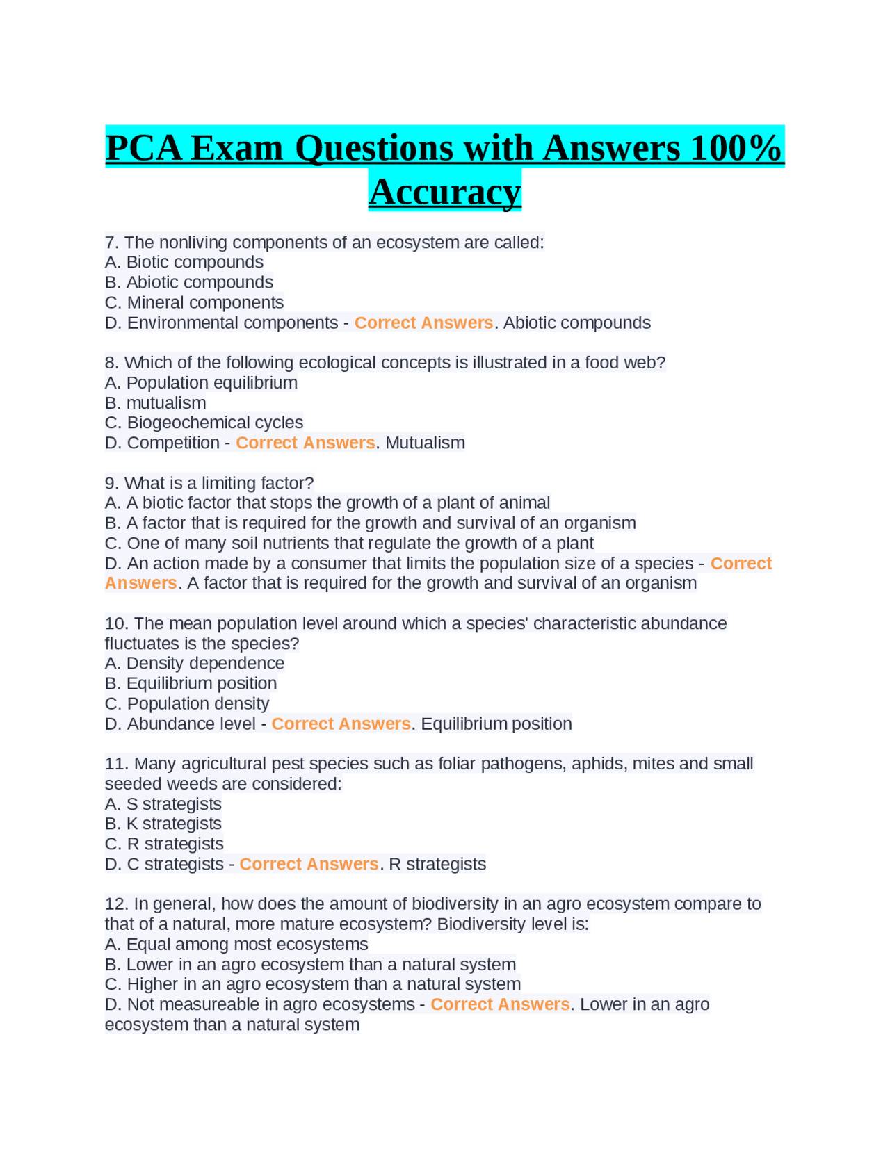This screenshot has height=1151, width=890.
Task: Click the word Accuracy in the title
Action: click(444, 192)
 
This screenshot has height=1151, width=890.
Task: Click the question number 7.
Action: click(112, 243)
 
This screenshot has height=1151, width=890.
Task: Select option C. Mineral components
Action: click(194, 302)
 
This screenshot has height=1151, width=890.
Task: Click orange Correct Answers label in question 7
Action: click(423, 323)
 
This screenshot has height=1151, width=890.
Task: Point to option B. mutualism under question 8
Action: click(155, 402)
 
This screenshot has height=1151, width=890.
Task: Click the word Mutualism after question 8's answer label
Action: click(425, 443)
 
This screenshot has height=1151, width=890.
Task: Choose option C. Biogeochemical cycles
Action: click(204, 423)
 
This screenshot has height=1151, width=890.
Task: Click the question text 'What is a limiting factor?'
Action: click(218, 482)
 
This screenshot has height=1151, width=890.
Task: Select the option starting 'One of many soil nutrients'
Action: click(349, 543)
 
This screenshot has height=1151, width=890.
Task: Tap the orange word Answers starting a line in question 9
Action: click(140, 583)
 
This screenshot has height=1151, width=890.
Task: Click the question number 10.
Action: click(116, 623)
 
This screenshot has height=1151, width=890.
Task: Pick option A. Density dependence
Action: click(194, 663)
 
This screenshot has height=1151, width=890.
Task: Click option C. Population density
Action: click(186, 703)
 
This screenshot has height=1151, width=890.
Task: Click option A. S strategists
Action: click(163, 804)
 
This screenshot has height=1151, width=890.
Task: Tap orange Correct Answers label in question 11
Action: click(309, 864)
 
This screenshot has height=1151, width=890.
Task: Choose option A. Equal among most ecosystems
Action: click(236, 944)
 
